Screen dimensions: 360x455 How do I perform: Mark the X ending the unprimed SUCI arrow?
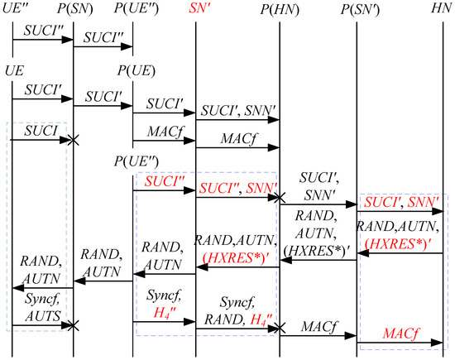click(74, 142)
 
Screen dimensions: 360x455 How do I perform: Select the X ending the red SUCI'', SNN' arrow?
click(280, 199)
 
